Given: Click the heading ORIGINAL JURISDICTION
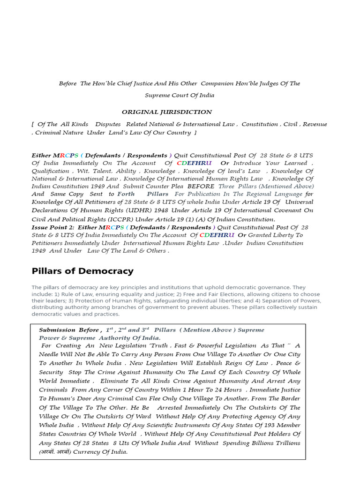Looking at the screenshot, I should (167, 112).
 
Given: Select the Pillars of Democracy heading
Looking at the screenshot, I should (82, 271).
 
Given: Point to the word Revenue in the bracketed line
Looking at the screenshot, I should (315, 124).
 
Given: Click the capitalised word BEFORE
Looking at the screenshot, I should (201, 186).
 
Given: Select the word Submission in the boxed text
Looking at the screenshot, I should (55, 330).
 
